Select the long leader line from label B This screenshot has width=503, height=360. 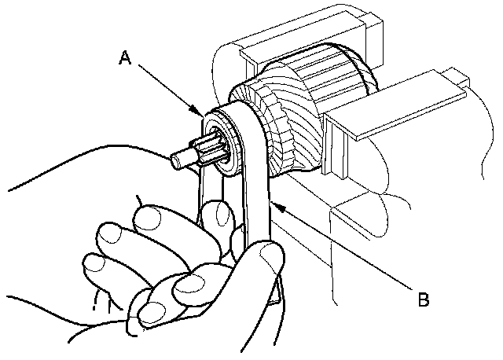(346, 250)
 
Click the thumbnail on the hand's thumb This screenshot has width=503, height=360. (269, 255)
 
